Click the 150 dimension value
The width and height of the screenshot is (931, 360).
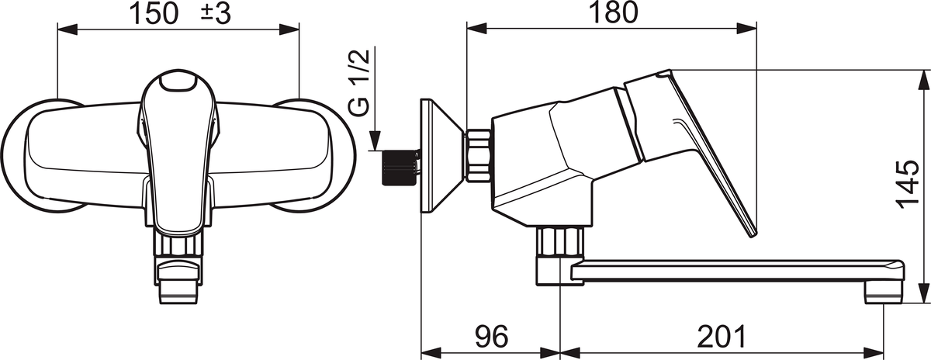pyautogui.click(x=154, y=14)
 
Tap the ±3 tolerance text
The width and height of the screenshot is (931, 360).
pyautogui.click(x=216, y=14)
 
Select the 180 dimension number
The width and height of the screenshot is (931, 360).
pyautogui.click(x=614, y=13)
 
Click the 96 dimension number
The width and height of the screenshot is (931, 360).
pyautogui.click(x=492, y=336)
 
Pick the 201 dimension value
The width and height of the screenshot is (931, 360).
pyautogui.click(x=722, y=336)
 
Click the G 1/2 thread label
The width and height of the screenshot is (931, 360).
pyautogui.click(x=358, y=82)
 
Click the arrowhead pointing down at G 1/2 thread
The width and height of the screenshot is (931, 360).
pyautogui.click(x=375, y=140)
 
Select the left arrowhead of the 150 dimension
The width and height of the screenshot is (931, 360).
pyautogui.click(x=67, y=29)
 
